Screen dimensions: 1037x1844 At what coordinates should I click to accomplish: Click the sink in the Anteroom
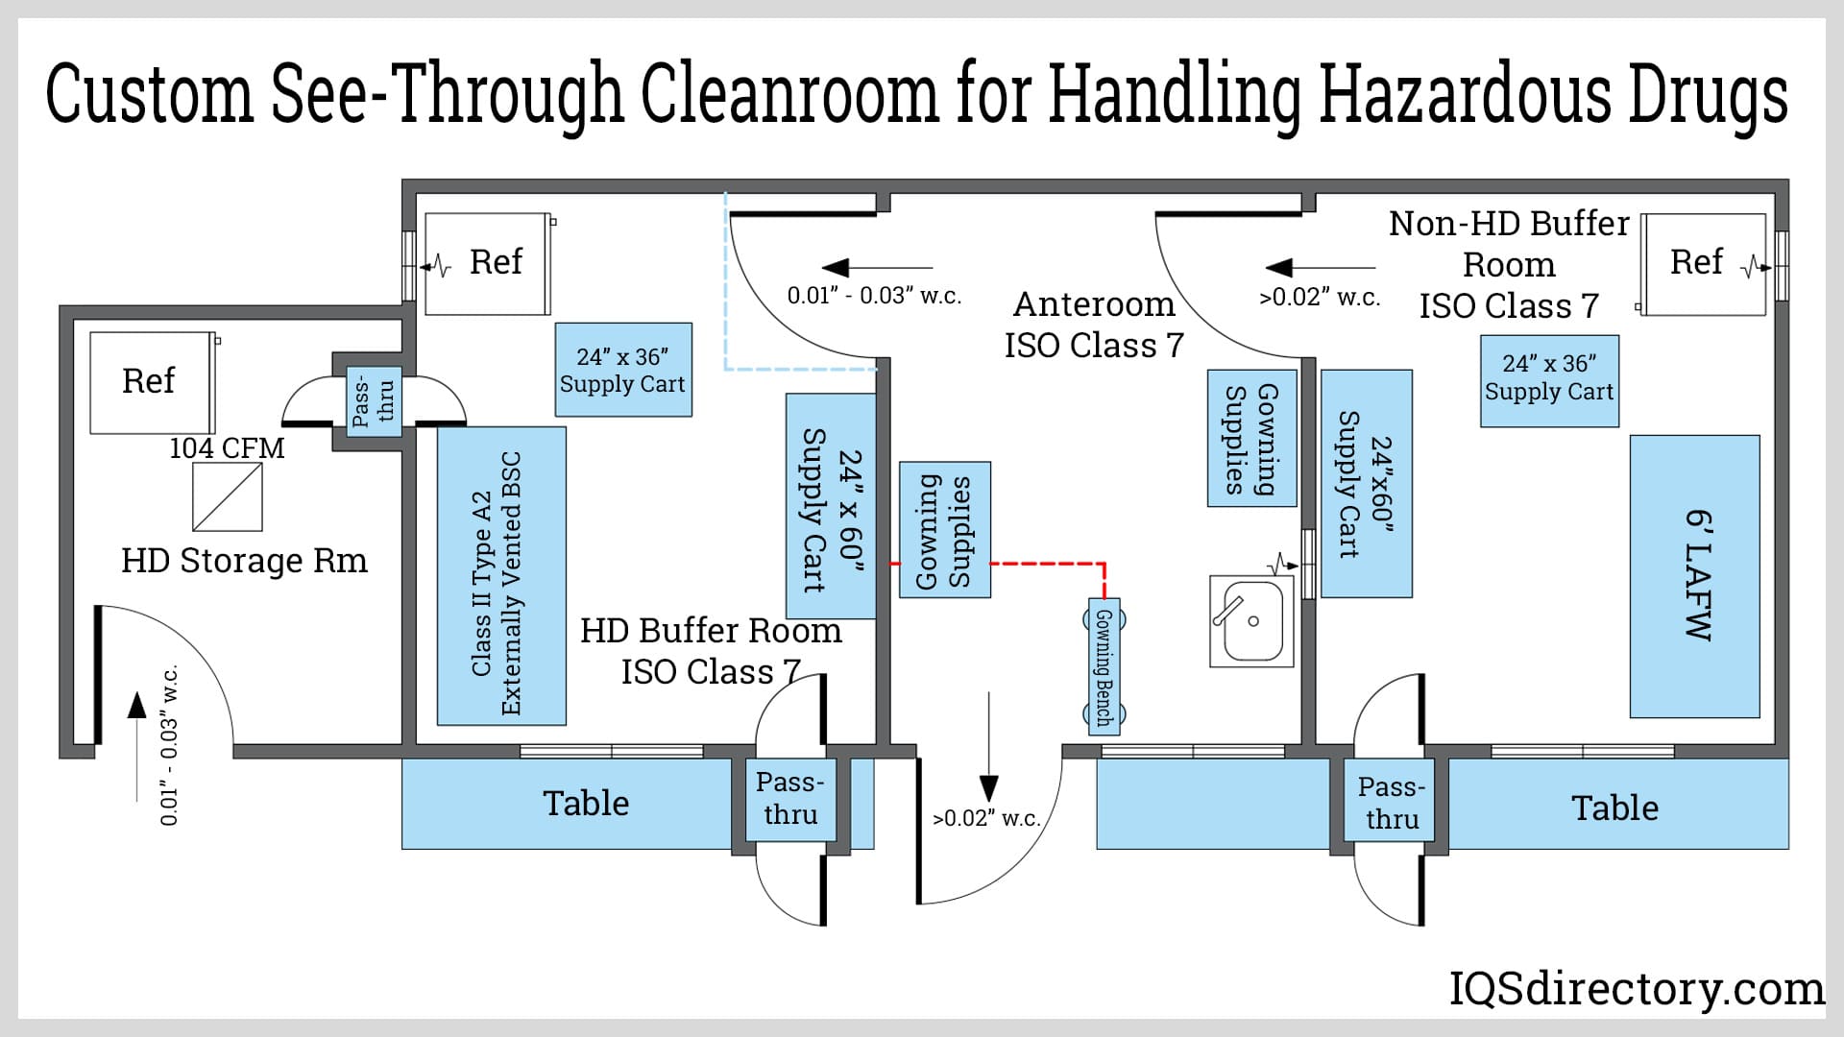[x=1251, y=621]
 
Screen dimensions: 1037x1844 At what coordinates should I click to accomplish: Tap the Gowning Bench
[x=1104, y=667]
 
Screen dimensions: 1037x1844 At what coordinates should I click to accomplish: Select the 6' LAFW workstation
[x=1694, y=576]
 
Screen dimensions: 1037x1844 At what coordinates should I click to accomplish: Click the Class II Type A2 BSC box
[x=500, y=576]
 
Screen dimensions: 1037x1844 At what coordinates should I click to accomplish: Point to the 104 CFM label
[x=227, y=448]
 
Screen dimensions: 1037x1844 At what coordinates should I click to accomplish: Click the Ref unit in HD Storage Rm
[x=151, y=382]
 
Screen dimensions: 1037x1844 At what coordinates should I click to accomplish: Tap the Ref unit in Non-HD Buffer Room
[x=1702, y=264]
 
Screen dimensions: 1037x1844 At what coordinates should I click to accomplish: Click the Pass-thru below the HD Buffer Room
[x=789, y=800]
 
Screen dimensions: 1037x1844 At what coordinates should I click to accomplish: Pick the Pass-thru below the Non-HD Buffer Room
[x=1392, y=803]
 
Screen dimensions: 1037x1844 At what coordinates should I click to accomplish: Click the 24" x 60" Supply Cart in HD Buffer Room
[x=831, y=506]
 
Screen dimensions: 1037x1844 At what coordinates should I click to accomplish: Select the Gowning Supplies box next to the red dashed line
[x=944, y=530]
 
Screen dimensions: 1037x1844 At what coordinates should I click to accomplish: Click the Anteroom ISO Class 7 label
[x=1094, y=325]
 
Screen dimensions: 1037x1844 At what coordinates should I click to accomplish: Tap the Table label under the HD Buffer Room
[x=586, y=804]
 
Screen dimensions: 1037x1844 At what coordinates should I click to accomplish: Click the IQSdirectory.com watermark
[x=1636, y=989]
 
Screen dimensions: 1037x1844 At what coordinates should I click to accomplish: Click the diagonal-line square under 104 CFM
[x=228, y=497]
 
